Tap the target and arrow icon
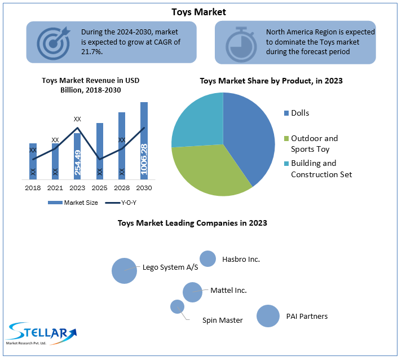coord(54,42)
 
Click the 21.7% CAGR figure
coord(91,52)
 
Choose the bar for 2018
coord(33,161)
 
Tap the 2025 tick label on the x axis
coord(100,187)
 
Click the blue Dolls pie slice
coord(248,135)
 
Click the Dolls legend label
coord(300,113)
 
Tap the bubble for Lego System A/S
coord(124,270)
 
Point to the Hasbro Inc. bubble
coord(208,258)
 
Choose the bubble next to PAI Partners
coord(268,316)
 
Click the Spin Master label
coord(223,320)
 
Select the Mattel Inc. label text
coord(228,290)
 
